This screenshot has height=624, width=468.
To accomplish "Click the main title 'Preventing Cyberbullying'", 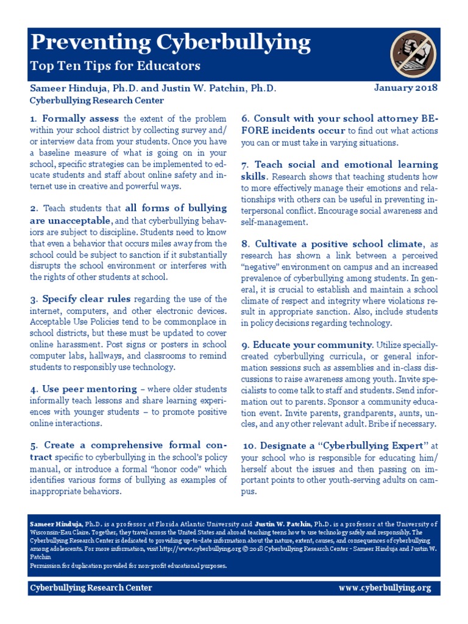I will pos(171,43).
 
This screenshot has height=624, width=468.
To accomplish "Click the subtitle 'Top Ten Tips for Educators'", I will pos(115,65).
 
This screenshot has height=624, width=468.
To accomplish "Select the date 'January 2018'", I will pos(405,88).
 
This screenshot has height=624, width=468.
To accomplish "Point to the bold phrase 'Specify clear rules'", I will pos(87,299).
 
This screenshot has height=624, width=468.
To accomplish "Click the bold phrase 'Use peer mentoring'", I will pos(89,389).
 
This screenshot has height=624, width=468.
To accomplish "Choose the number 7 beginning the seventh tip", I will pos(244,165).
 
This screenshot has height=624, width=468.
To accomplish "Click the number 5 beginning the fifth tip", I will pos(33,445).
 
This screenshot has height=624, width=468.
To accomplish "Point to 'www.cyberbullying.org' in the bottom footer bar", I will pos(385,588).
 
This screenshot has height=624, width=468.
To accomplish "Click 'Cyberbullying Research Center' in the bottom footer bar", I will pos(91,588).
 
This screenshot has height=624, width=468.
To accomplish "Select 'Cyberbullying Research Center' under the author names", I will pos(97,101).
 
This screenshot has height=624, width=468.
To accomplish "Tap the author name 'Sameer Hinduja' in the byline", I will pos(67,88).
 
